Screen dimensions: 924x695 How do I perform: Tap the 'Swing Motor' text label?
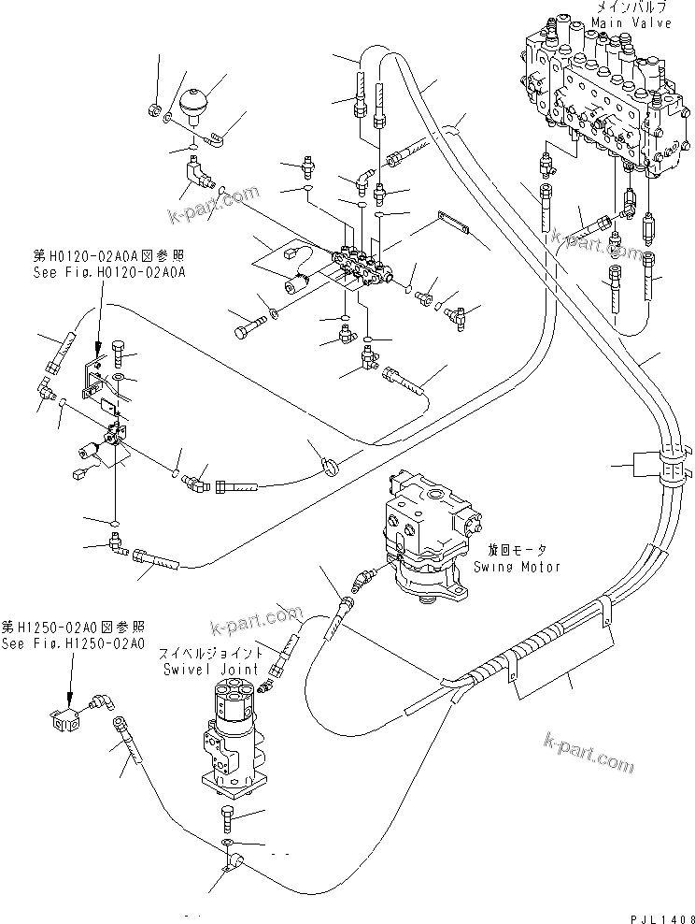[517, 567]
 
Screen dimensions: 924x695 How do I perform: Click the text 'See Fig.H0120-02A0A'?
[106, 271]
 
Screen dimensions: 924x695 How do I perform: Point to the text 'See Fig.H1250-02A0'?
[73, 644]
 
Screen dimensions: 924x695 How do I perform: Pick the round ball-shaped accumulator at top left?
[194, 102]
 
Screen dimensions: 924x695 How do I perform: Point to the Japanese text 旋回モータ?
[516, 552]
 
